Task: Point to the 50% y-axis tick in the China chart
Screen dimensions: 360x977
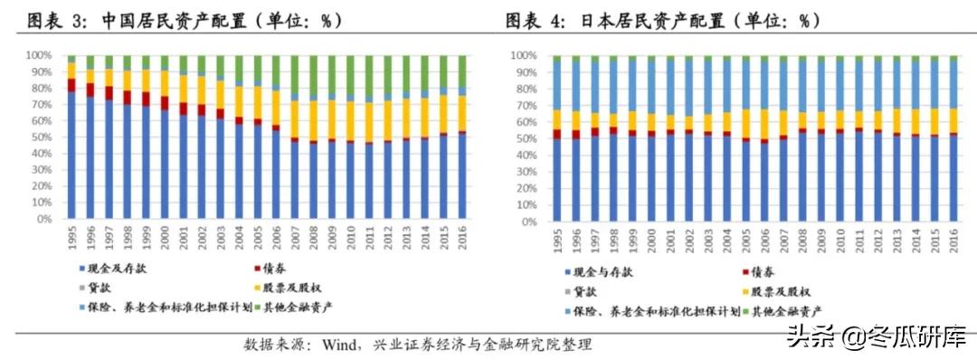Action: [x=42, y=137]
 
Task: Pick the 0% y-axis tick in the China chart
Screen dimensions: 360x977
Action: [x=45, y=219]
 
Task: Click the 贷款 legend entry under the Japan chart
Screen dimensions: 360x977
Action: [x=582, y=290]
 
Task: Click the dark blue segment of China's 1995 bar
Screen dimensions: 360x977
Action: [x=71, y=154]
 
